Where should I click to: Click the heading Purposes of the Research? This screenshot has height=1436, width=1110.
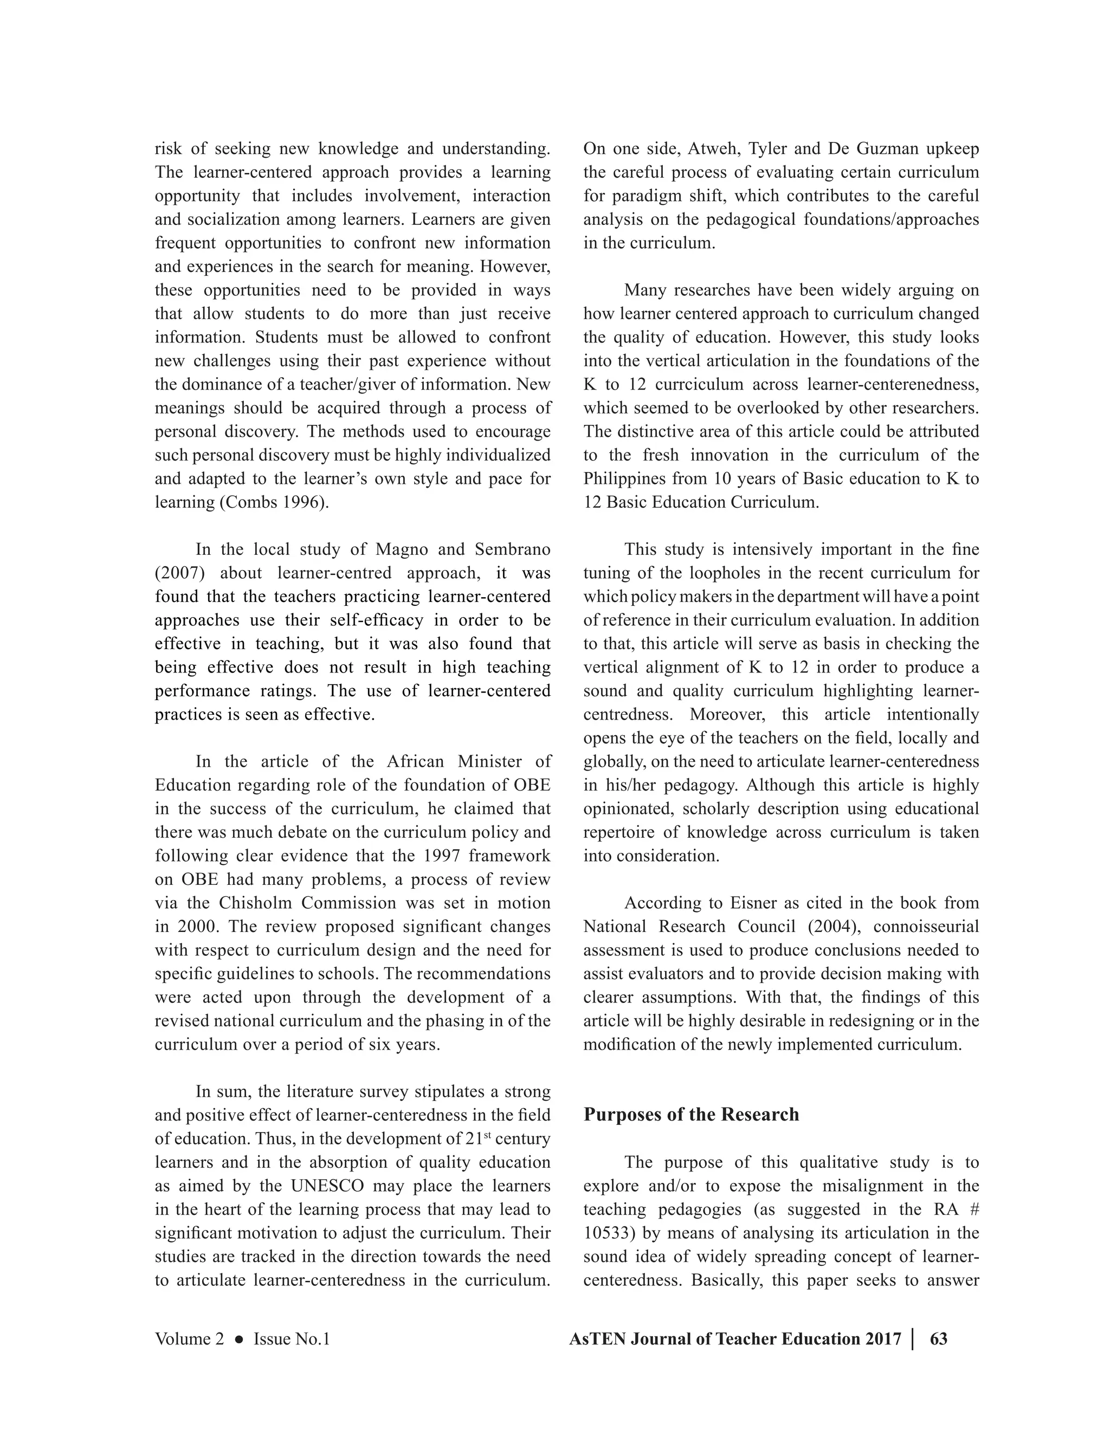[690, 1115]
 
